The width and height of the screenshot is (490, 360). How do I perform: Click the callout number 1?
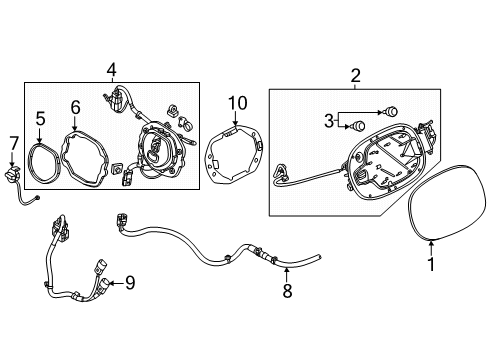[x=431, y=264]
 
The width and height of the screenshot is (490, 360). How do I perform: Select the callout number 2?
[x=355, y=76]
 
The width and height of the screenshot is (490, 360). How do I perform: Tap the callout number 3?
[x=329, y=121]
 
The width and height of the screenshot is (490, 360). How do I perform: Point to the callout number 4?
[x=112, y=69]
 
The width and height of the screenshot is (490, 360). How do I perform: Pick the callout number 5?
[x=40, y=119]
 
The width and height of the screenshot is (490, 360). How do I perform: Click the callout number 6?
[x=76, y=108]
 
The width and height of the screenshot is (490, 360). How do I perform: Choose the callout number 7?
[x=13, y=144]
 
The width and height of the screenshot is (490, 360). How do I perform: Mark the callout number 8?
[x=287, y=291]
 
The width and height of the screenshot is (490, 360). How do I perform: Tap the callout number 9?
[x=130, y=283]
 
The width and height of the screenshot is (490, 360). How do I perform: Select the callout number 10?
[x=238, y=103]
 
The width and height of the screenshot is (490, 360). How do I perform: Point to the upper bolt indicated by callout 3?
[x=392, y=110]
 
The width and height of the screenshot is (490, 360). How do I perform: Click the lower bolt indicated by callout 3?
[x=358, y=126]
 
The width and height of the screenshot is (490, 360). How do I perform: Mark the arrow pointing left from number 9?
[x=116, y=283]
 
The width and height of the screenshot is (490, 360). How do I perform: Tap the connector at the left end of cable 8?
[x=121, y=221]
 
